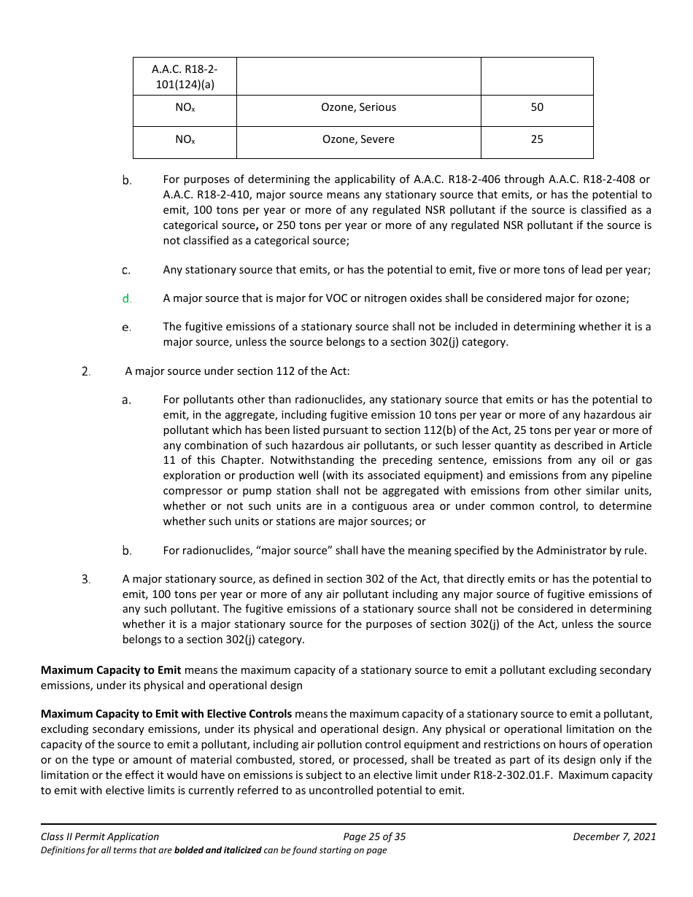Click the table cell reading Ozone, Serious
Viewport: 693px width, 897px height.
358,107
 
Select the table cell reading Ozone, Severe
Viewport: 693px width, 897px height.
358,139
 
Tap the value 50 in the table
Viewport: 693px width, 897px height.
537,107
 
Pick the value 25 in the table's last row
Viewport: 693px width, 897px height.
537,139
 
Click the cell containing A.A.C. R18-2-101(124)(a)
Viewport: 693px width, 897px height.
185,77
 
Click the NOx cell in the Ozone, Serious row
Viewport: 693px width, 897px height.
185,107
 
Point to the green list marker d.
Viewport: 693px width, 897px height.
126,298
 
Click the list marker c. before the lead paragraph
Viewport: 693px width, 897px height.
126,271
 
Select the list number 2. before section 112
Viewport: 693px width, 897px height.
85,371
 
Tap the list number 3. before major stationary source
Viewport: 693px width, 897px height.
85,580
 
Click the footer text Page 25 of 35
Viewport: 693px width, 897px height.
374,836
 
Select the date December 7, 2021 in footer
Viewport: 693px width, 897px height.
614,836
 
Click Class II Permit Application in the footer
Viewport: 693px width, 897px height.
100,836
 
